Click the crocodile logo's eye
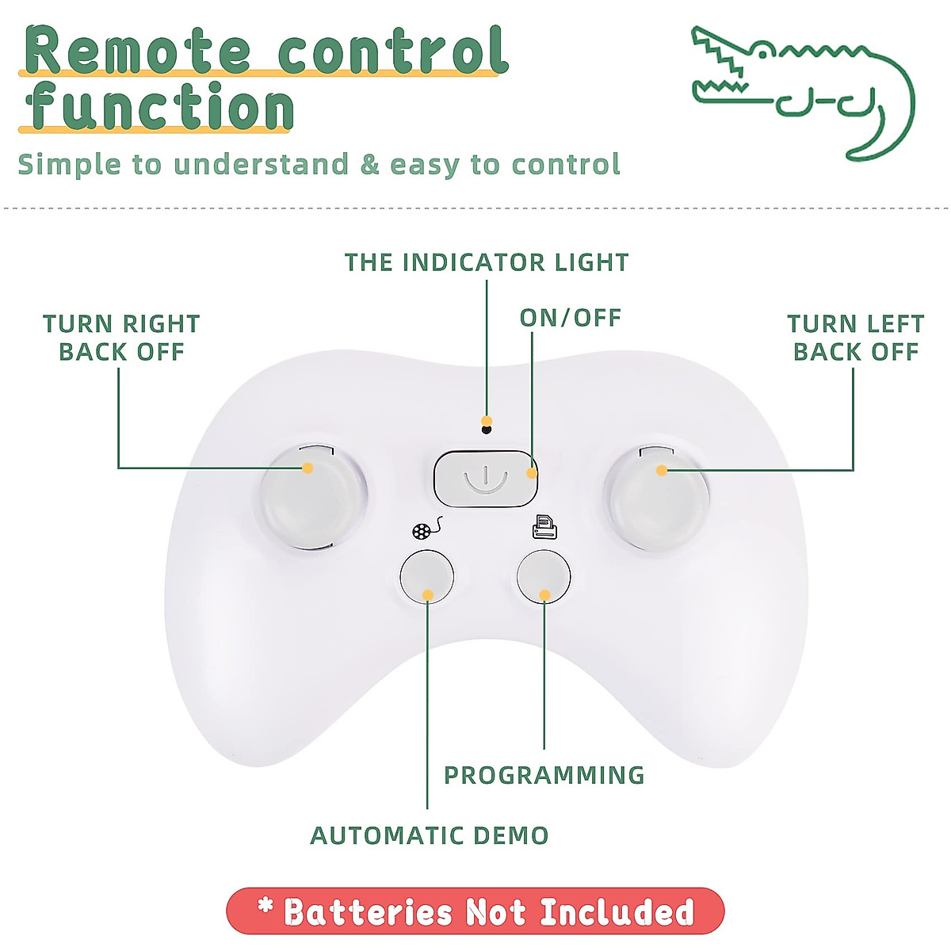(762, 52)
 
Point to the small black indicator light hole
(487, 430)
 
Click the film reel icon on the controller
(425, 529)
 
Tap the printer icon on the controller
(544, 527)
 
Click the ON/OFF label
(570, 318)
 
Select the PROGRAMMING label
(544, 775)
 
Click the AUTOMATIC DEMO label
(429, 835)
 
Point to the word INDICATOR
(473, 262)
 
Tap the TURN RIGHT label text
(121, 324)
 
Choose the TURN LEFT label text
(855, 324)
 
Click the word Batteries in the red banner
(369, 912)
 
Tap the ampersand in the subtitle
(369, 165)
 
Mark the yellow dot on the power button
(532, 474)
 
